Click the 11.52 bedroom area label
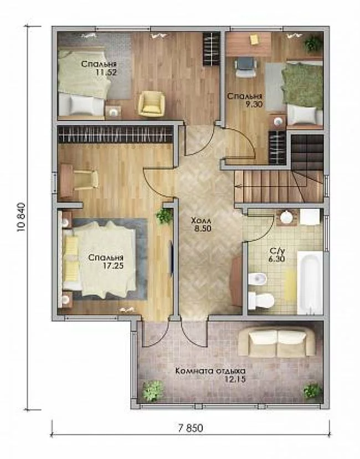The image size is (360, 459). (106, 73)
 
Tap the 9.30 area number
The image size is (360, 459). (254, 104)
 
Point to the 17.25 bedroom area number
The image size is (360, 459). (113, 266)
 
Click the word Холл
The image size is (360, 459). (200, 220)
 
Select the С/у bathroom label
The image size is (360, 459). (277, 251)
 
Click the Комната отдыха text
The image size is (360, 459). (210, 371)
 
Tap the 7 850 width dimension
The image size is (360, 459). (190, 428)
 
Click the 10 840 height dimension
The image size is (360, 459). (22, 218)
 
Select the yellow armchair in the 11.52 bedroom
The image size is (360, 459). (151, 104)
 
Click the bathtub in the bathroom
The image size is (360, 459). (310, 282)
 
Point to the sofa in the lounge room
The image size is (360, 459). (277, 342)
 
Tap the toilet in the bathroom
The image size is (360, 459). (261, 300)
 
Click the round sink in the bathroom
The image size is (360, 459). (286, 217)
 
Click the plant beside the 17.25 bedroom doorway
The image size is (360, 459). (164, 216)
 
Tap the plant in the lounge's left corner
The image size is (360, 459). (153, 391)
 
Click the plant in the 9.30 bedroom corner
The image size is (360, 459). (313, 44)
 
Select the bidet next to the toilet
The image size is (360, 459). (257, 279)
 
